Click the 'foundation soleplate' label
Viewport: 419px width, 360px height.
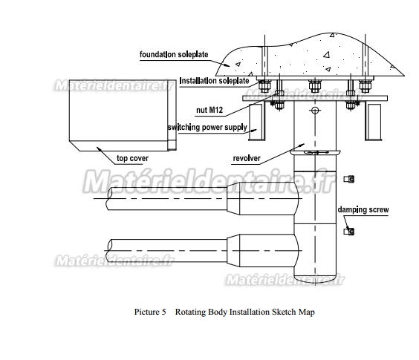(174, 54)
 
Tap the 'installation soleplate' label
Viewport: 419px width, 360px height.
(214, 81)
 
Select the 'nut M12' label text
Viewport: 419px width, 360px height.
(209, 110)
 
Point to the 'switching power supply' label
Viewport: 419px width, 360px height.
(207, 127)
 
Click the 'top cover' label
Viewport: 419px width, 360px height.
(132, 158)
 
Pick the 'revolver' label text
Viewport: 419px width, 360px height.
(247, 158)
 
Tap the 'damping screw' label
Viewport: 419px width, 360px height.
(363, 209)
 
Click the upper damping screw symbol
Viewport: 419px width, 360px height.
(349, 179)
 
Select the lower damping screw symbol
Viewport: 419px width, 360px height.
(349, 232)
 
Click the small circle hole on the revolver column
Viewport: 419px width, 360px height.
(315, 110)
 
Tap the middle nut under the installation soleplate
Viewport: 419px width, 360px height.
(315, 86)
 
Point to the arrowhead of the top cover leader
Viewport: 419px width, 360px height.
(99, 148)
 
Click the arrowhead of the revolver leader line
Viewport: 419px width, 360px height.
(302, 145)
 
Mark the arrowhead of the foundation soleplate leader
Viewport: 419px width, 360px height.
(227, 65)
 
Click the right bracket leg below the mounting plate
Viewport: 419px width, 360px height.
(374, 122)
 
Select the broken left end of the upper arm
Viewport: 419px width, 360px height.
(109, 198)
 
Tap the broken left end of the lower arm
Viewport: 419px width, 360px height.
(109, 250)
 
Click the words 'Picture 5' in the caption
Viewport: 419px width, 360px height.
(150, 312)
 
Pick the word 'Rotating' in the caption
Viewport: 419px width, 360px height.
(190, 312)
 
